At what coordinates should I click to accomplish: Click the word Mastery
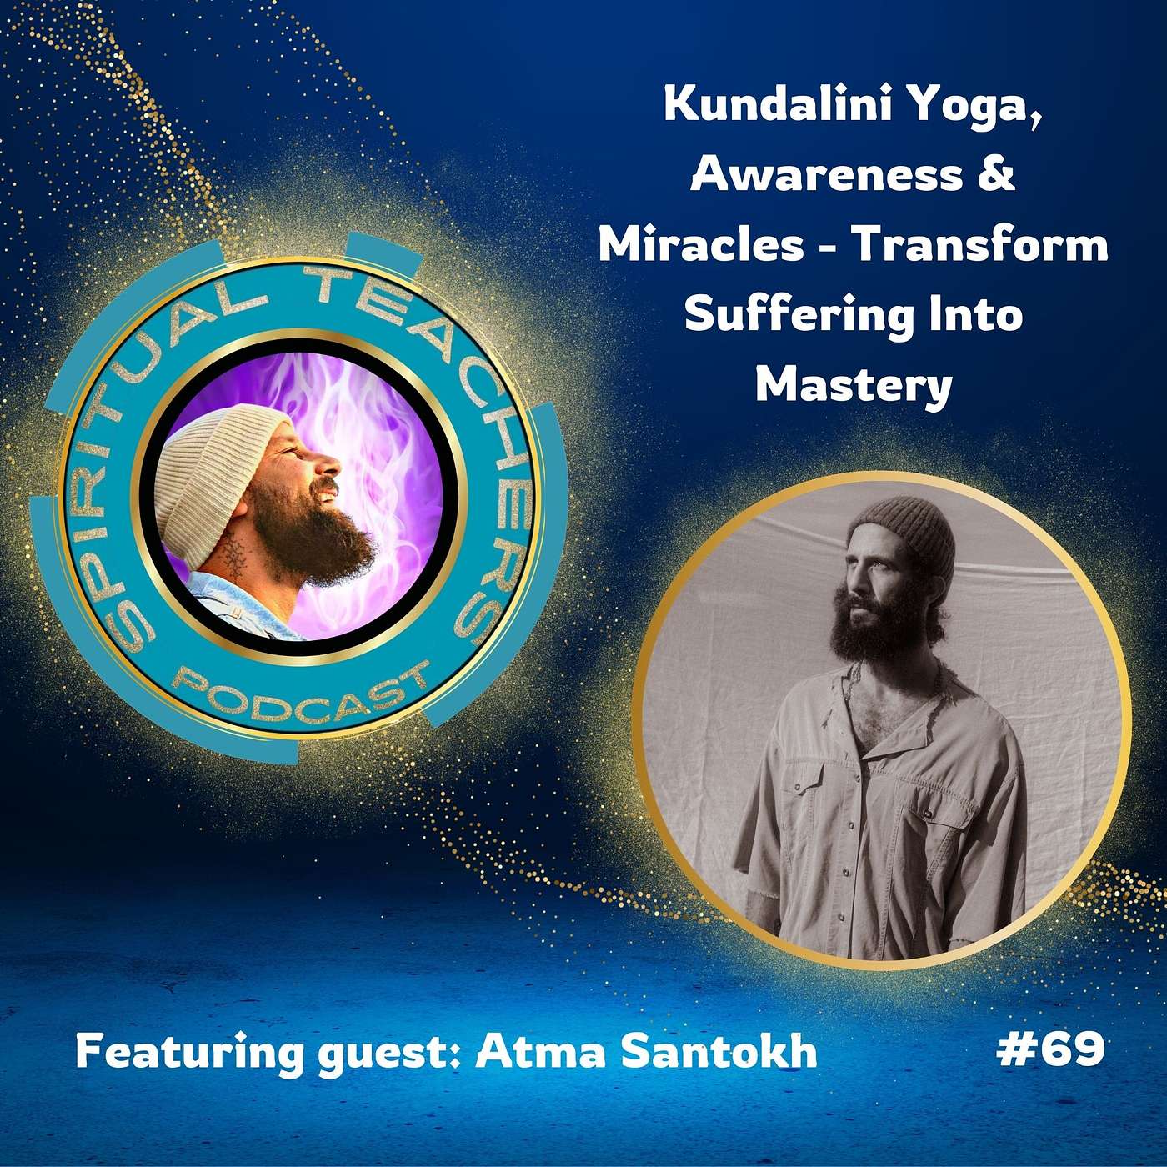(854, 386)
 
